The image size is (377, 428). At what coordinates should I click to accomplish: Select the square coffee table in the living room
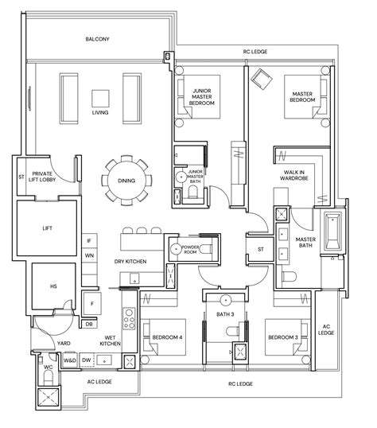(x=100, y=98)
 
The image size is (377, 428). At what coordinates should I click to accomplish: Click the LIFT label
(x=48, y=228)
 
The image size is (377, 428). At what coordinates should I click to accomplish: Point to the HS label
(x=54, y=286)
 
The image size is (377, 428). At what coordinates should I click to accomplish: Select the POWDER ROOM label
(x=192, y=249)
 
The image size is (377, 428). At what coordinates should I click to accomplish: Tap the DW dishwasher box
(x=86, y=361)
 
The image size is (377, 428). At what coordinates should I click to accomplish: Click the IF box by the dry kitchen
(x=89, y=239)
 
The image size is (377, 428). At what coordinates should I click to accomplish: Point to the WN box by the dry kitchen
(x=89, y=256)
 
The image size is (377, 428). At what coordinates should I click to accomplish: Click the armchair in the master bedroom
(x=260, y=77)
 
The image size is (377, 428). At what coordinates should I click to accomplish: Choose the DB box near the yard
(x=90, y=324)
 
